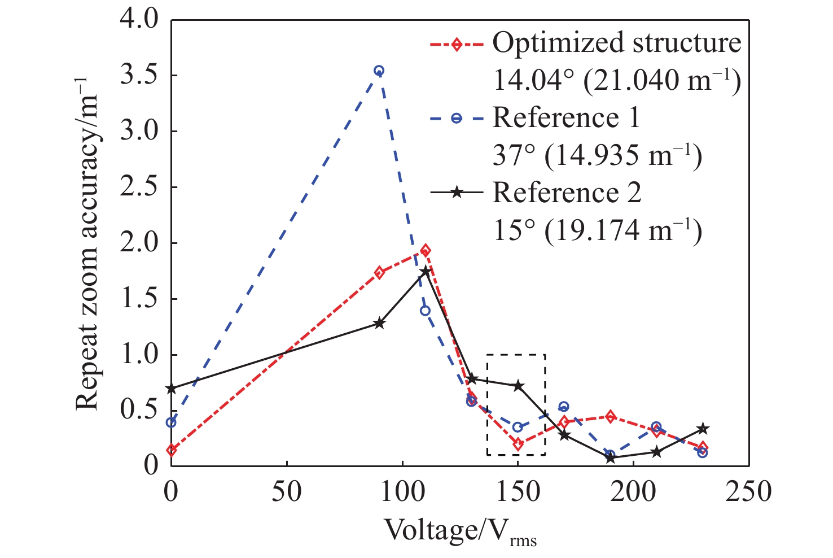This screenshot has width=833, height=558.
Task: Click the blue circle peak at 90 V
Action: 379,71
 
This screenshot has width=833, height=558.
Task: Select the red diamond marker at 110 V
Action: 426,250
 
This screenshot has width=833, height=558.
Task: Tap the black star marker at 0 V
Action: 172,389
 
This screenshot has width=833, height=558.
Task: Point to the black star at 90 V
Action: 379,324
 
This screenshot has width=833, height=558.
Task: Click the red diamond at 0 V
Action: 172,450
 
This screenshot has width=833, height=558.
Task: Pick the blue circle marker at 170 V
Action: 563,407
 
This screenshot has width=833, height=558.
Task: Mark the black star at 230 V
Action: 702,429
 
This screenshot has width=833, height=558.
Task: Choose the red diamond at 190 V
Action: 610,417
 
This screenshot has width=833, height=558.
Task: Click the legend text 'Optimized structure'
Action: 616,43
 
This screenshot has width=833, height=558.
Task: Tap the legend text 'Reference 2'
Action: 567,193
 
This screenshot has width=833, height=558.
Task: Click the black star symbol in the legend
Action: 457,193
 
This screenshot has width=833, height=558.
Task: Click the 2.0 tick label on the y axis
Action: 141,243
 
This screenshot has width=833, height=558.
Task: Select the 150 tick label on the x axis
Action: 518,491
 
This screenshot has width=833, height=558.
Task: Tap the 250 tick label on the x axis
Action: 748,491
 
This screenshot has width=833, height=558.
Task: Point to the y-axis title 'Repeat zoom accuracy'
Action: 89,249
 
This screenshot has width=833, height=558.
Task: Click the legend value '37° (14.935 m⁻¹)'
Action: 597,155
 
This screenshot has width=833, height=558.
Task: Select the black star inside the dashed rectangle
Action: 518,386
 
